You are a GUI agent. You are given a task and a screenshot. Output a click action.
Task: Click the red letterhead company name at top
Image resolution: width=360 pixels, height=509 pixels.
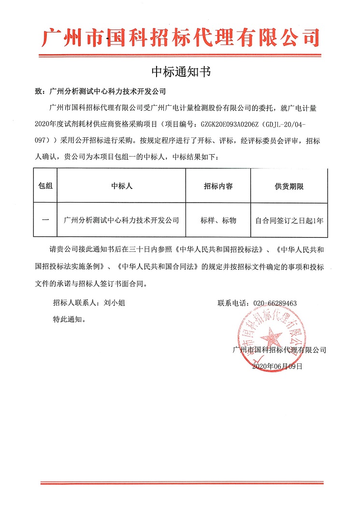(180, 37)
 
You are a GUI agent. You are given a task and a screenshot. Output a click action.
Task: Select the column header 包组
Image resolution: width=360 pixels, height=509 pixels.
(45, 186)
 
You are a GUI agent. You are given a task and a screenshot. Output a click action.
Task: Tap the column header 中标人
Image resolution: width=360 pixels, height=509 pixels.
(122, 186)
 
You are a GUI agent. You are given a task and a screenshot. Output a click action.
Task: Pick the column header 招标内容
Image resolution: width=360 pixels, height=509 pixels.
(218, 186)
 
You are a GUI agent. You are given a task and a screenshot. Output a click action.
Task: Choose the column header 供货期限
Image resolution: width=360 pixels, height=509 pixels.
(289, 186)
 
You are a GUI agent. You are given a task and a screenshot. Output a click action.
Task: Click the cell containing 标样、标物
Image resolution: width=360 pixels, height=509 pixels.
(218, 220)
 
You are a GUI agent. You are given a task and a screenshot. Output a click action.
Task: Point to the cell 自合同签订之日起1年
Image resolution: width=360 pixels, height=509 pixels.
(289, 220)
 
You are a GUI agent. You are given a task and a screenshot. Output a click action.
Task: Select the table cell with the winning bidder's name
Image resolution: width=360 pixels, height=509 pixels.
(122, 220)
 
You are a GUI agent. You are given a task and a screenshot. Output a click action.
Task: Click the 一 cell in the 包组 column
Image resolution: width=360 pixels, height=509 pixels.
(45, 220)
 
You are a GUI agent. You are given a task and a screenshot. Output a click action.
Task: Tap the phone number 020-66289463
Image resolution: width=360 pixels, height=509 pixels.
(274, 303)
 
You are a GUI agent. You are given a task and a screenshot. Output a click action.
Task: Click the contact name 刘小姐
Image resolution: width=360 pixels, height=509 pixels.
(115, 303)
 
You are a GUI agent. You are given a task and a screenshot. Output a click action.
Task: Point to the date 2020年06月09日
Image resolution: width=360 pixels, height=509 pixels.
(277, 366)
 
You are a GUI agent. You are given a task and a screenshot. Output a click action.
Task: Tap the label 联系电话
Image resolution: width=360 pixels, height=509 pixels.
(233, 303)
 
